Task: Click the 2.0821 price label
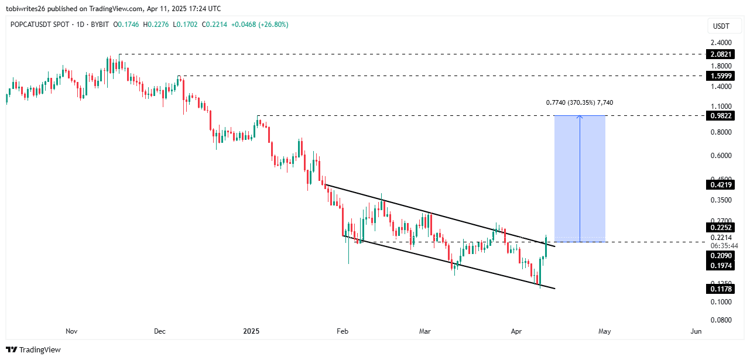click(x=720, y=54)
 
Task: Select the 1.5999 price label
click(x=720, y=76)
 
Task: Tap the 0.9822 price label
click(x=720, y=115)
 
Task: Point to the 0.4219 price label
click(x=720, y=185)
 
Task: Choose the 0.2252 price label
click(x=720, y=227)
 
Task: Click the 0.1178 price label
click(x=720, y=288)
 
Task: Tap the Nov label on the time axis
click(x=71, y=331)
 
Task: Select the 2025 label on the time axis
click(x=251, y=331)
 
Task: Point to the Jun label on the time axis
click(x=696, y=331)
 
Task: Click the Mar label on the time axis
click(x=425, y=331)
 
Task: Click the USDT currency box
click(x=720, y=26)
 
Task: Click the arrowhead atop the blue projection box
click(x=580, y=116)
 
